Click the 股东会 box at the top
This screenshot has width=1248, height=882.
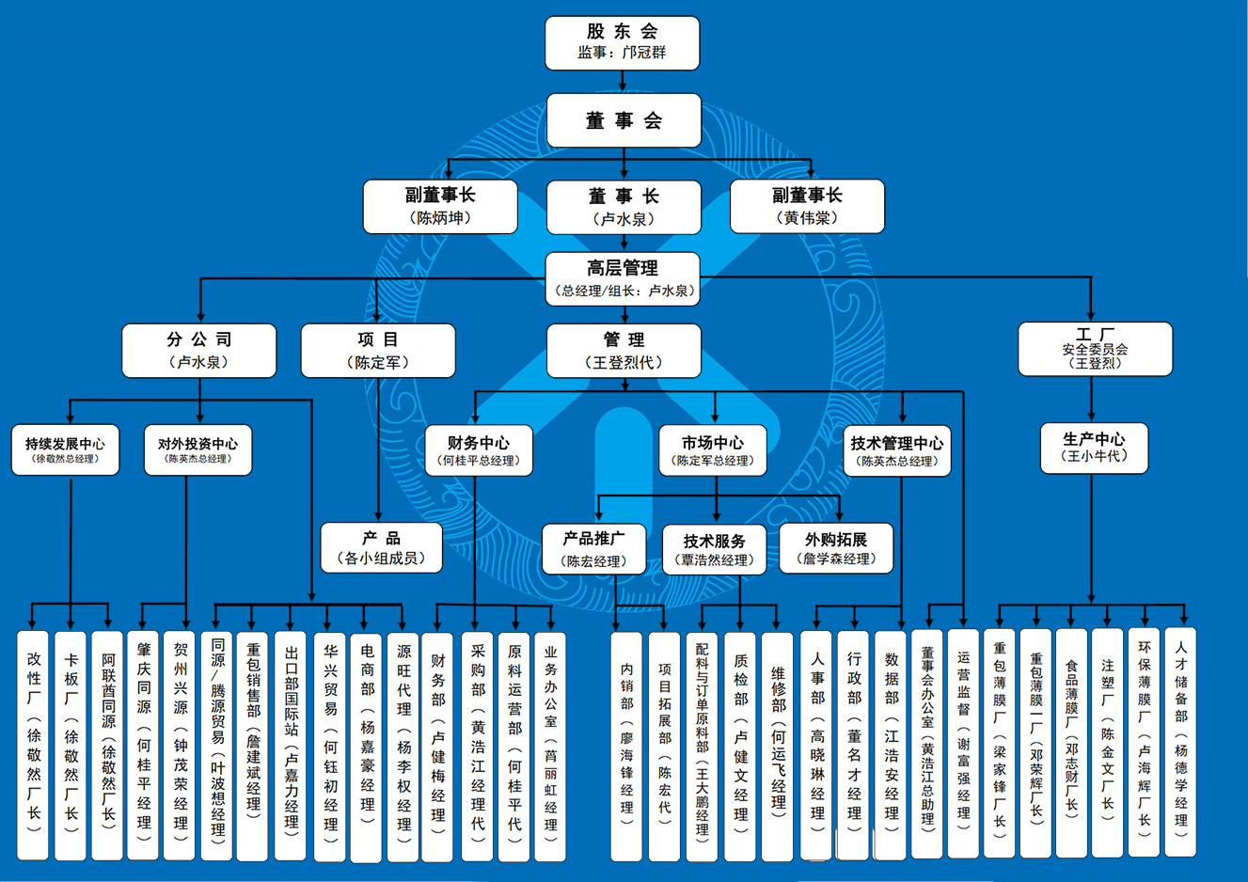(622, 43)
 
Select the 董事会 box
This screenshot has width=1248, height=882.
(624, 120)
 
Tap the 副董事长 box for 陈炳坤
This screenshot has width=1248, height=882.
(440, 207)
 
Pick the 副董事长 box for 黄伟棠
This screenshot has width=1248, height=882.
(807, 207)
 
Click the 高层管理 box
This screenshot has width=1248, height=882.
(623, 278)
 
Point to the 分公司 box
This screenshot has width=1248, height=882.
(199, 351)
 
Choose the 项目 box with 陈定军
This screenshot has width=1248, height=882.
(378, 351)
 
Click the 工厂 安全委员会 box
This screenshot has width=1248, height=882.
(1095, 350)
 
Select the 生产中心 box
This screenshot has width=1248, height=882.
(1095, 448)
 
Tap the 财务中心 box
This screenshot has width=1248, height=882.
(479, 450)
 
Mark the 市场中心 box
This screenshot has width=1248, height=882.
(713, 450)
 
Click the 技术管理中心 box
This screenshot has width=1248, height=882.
(897, 450)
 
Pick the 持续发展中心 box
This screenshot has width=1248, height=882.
(65, 450)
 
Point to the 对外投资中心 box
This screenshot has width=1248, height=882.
(197, 450)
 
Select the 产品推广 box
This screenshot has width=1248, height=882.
(593, 549)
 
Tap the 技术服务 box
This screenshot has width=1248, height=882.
(715, 550)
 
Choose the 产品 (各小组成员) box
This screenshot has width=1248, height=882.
(381, 548)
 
